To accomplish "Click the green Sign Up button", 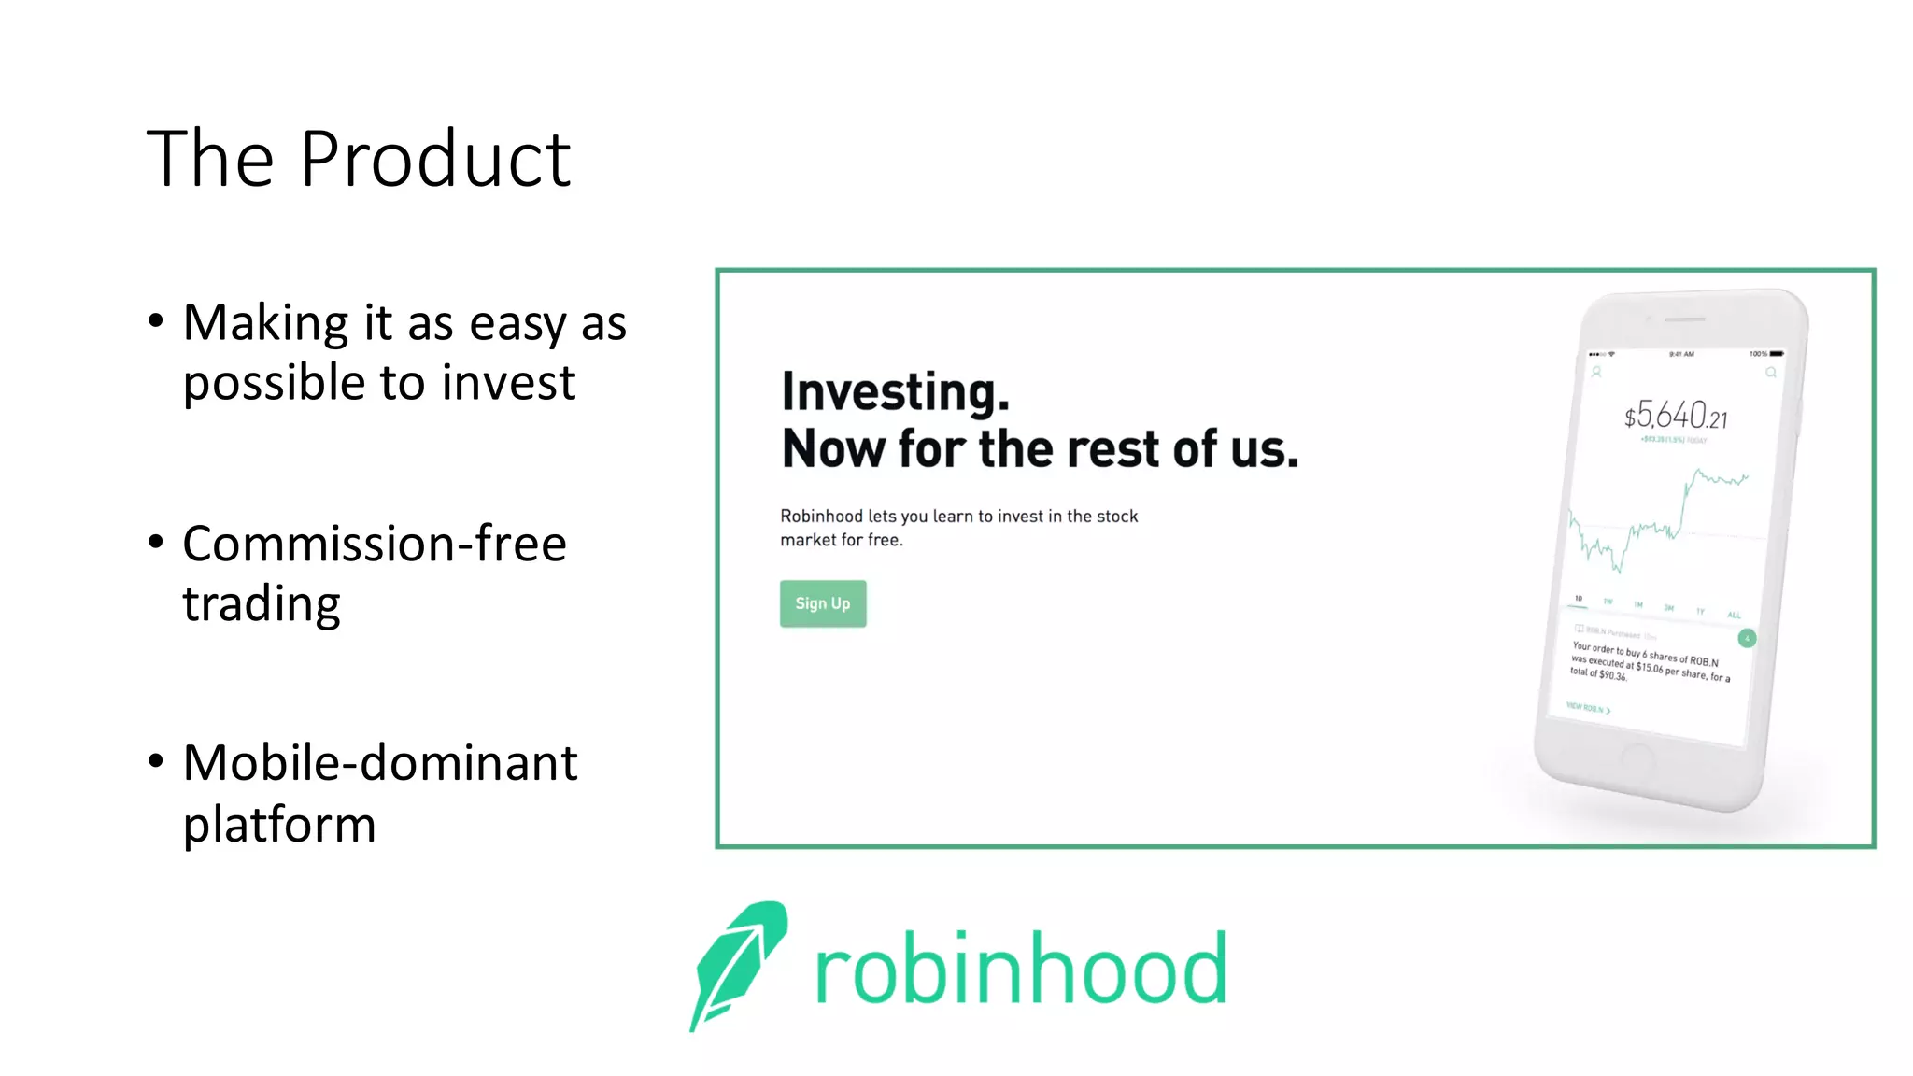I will pyautogui.click(x=823, y=603).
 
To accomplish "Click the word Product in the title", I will pyautogui.click(x=434, y=160).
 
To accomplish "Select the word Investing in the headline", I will pyautogui.click(x=895, y=391).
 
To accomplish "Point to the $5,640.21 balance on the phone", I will pyautogui.click(x=1676, y=416).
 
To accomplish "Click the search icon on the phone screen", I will pyautogui.click(x=1770, y=373).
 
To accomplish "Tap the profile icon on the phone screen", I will pyautogui.click(x=1596, y=372).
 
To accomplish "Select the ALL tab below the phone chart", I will pyautogui.click(x=1734, y=615).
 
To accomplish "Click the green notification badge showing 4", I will pyautogui.click(x=1747, y=638).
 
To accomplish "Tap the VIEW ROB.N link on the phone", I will pyautogui.click(x=1588, y=708).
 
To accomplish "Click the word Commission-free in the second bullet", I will pyautogui.click(x=375, y=544).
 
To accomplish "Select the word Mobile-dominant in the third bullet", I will pyautogui.click(x=380, y=763).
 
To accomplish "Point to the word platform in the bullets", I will pyautogui.click(x=279, y=826).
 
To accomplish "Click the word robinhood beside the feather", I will pyautogui.click(x=1020, y=970).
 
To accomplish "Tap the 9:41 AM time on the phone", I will pyautogui.click(x=1681, y=354).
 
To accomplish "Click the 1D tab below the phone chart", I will pyautogui.click(x=1579, y=598).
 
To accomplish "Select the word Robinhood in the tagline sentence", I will pyautogui.click(x=821, y=517).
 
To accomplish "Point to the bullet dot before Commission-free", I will pyautogui.click(x=156, y=541).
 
